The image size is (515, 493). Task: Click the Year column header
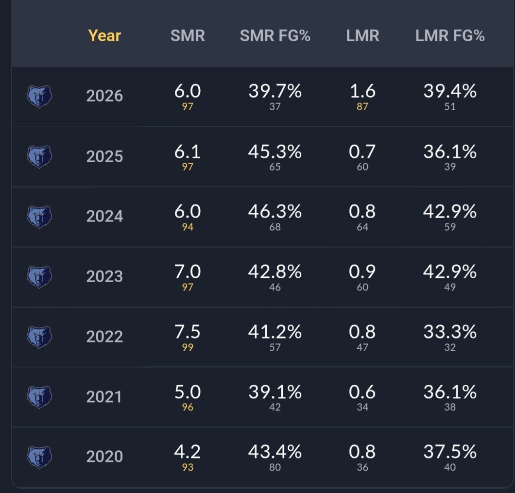coord(104,35)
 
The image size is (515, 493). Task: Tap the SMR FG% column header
coord(275,35)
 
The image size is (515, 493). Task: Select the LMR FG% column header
coord(449,35)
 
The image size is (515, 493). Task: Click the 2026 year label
coord(104,96)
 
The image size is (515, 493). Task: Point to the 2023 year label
coord(104,276)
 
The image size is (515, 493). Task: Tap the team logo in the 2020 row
coord(39,457)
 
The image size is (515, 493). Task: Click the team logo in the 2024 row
coord(39,217)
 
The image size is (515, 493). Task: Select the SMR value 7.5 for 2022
coord(187,331)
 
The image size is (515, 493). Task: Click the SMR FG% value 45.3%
coord(275,152)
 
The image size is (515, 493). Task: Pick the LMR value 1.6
coord(362,91)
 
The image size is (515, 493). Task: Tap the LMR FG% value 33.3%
coord(449,331)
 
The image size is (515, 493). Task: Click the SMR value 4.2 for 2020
coord(187,452)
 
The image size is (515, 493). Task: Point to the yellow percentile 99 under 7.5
coord(188,347)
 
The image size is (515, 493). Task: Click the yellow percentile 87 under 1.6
coord(362,106)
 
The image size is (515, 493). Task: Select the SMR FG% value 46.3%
coord(275,211)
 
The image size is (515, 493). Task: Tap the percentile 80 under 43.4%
coord(275,467)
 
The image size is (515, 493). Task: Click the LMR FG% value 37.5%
coord(449,452)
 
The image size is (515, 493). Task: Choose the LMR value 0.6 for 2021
coord(362,392)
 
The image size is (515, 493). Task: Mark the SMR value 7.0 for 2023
coord(187,272)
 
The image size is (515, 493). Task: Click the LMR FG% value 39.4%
coord(449,91)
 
